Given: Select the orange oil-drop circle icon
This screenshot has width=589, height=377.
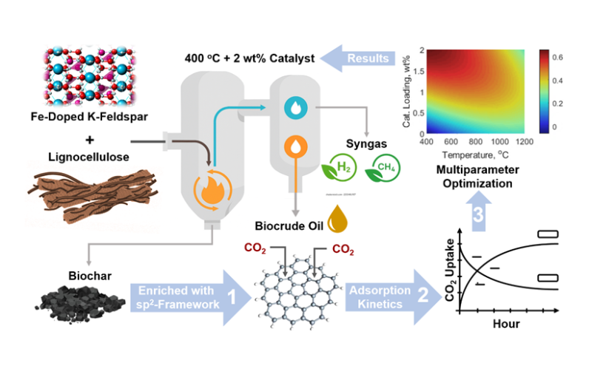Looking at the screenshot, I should [x=296, y=146].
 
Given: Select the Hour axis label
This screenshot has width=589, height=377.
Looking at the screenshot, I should [x=508, y=324].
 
